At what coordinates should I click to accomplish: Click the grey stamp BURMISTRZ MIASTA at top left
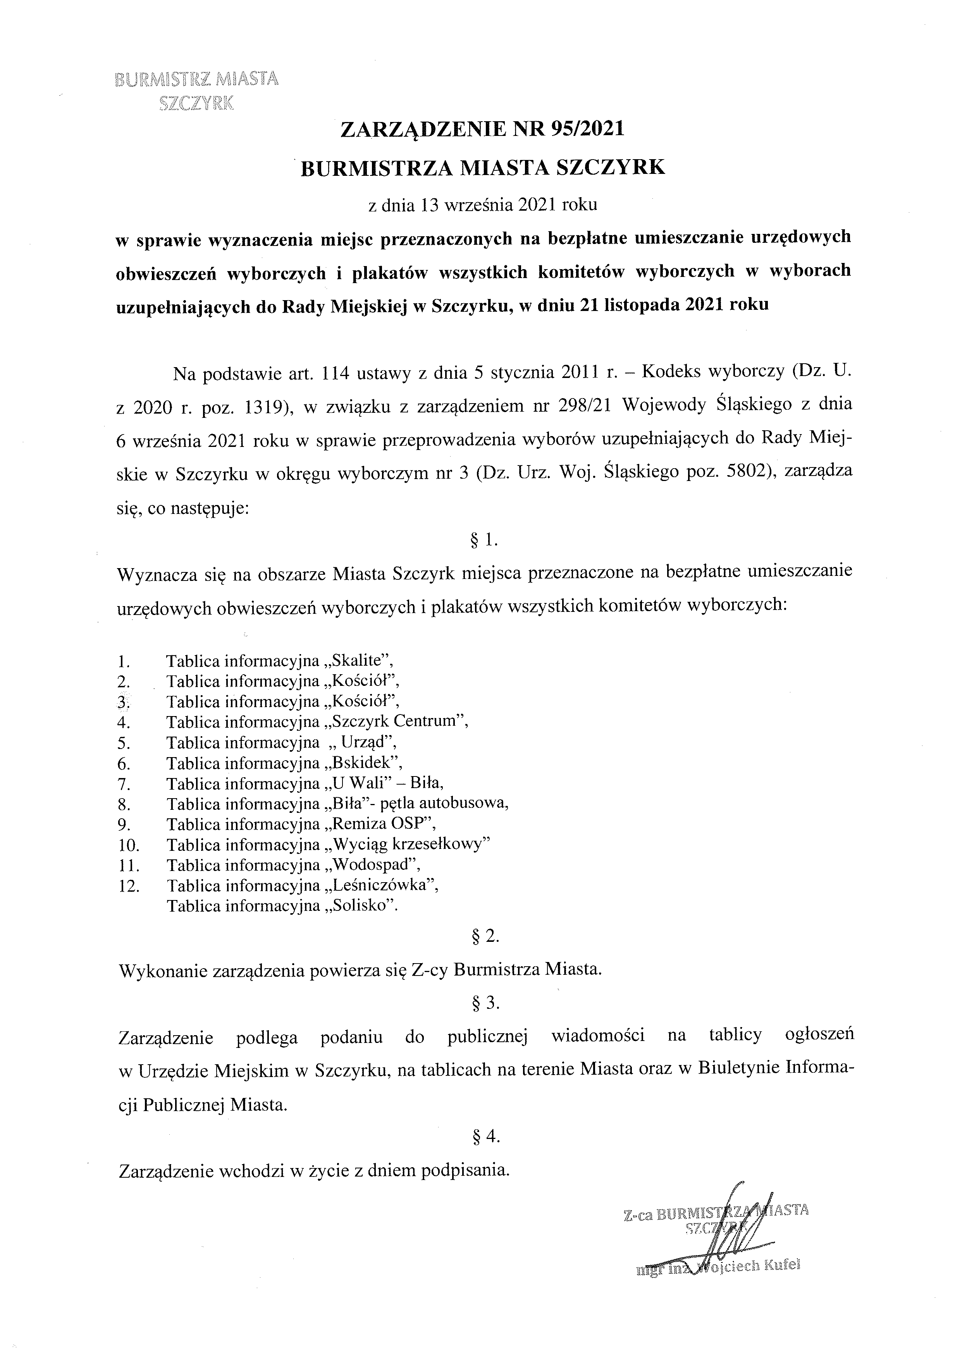196,79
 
